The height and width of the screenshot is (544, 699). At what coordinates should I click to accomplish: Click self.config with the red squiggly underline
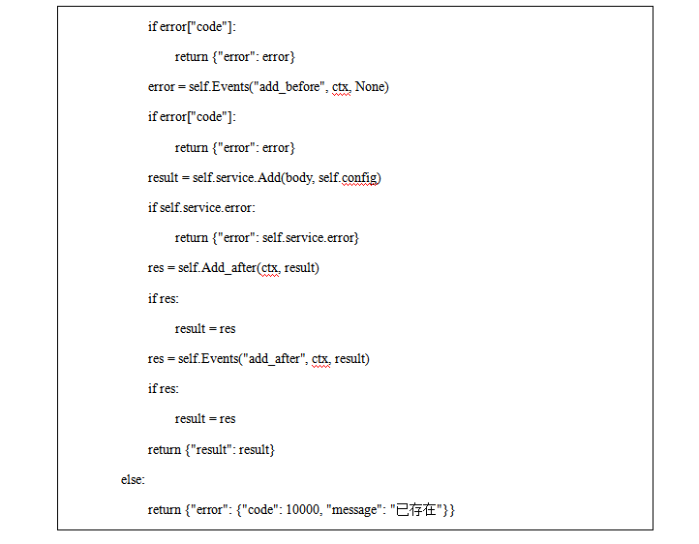(x=360, y=177)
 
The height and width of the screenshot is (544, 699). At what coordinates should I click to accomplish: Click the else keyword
(x=133, y=479)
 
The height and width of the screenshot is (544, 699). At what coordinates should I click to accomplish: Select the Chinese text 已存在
(x=418, y=509)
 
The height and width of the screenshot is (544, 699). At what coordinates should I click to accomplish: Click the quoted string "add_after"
(x=275, y=358)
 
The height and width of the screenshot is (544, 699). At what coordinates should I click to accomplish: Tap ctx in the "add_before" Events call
(x=341, y=87)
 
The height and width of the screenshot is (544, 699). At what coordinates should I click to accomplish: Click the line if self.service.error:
(x=202, y=207)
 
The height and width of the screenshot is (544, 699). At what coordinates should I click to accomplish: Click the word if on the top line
(x=152, y=26)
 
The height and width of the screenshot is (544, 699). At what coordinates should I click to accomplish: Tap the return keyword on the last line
(x=165, y=509)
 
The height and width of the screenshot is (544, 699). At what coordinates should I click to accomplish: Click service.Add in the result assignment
(x=254, y=177)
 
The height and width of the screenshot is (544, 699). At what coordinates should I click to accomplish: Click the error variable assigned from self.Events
(x=161, y=87)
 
